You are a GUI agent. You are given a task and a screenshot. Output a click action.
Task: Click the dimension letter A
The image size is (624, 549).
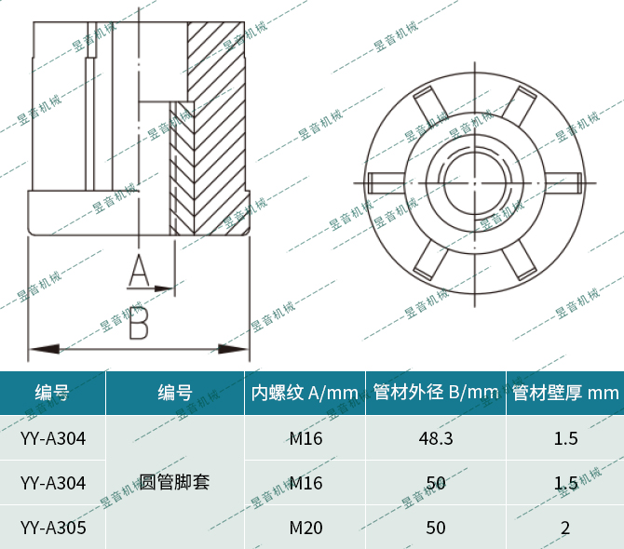point(138,271)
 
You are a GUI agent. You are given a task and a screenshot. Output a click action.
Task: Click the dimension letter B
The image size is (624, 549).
point(138,324)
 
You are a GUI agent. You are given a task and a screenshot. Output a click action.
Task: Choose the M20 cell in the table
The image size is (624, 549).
point(305,529)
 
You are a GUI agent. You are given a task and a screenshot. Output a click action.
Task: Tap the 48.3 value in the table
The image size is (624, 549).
point(436,438)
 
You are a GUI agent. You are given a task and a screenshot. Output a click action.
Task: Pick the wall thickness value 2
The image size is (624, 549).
point(565,529)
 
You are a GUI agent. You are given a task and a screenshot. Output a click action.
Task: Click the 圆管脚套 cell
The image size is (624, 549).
point(174,483)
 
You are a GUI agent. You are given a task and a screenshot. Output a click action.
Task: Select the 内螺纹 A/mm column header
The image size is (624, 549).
point(305,393)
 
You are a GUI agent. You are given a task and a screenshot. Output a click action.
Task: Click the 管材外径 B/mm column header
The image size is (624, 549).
point(436,393)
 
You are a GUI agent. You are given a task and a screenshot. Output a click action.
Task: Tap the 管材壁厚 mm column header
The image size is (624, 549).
point(565,393)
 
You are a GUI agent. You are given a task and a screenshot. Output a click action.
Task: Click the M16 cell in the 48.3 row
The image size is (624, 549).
point(305,438)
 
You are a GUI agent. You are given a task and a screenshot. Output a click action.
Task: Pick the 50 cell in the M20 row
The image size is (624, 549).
point(436,529)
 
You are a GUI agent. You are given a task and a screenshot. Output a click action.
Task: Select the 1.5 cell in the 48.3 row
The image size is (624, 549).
point(565,438)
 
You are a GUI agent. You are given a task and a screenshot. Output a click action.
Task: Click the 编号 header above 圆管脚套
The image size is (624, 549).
point(174,393)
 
